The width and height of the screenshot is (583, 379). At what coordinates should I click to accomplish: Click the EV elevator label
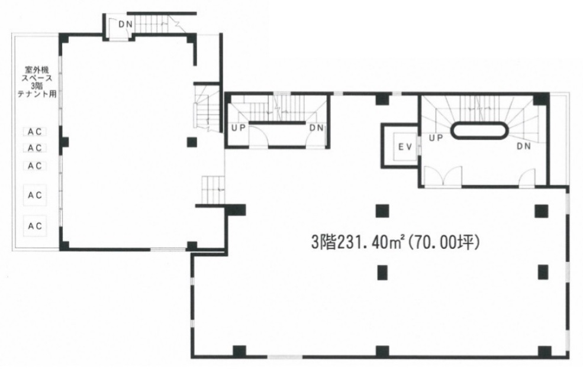pos(405,147)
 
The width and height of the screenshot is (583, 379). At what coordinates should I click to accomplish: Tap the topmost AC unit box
pos(35,131)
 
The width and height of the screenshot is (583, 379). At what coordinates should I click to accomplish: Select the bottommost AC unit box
pos(35,225)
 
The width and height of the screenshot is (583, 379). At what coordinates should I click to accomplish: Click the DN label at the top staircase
pos(125,24)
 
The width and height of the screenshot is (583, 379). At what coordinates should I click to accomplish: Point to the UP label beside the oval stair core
pos(436,138)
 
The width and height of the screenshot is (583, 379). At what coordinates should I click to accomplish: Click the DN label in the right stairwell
pos(523,147)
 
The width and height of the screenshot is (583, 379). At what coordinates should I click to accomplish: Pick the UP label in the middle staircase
pos(239,128)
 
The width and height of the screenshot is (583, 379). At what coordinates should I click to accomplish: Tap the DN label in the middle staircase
pos(317,128)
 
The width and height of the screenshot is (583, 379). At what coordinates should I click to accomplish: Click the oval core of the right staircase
pos(479,131)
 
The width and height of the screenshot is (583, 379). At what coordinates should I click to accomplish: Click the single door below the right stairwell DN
pos(527,177)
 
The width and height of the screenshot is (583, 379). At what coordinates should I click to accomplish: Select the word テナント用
pos(37,95)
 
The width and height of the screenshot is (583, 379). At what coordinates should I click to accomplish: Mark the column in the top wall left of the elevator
pos(382,99)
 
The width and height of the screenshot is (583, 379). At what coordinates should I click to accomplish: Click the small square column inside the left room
pos(192,142)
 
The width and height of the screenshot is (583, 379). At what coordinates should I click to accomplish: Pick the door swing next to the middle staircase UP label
pos(258,137)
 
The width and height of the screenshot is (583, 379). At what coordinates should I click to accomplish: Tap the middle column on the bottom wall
pos(382,351)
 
